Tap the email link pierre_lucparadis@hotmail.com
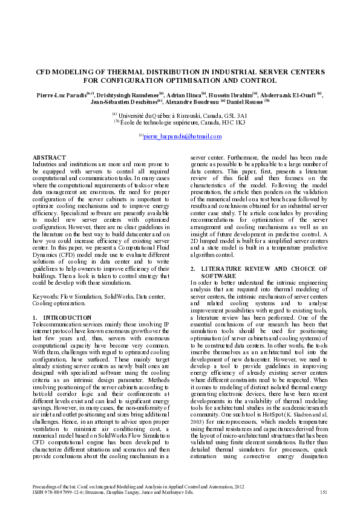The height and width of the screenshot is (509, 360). [x=182, y=137]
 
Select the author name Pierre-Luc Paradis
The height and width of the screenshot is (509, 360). [x=56, y=95]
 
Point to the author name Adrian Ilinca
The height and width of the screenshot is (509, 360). [x=185, y=95]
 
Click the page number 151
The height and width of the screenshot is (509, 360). [x=323, y=493]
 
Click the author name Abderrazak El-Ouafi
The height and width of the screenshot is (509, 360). [x=290, y=95]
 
